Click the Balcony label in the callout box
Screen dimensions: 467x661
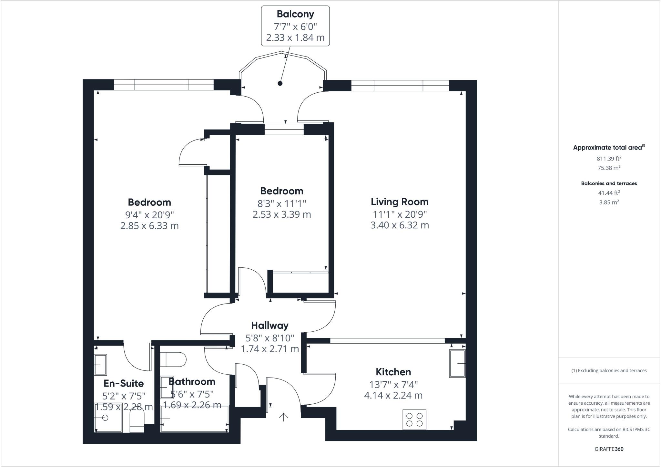[x=295, y=14]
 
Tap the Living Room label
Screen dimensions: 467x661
[x=400, y=202]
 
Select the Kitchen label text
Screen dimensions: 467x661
[x=393, y=372]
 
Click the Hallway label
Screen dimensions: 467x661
[x=270, y=325]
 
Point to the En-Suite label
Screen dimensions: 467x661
[x=124, y=383]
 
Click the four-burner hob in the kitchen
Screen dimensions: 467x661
[x=414, y=420]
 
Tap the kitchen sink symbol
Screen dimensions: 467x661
[x=457, y=364]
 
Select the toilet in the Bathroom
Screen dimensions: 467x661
[x=174, y=359]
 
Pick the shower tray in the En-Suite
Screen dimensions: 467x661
[x=108, y=417]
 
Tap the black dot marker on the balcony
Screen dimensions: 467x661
[x=280, y=83]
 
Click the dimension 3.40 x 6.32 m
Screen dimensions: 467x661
[x=400, y=225]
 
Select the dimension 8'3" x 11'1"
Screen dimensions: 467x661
[x=281, y=203]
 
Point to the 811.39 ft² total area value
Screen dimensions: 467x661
[x=609, y=159]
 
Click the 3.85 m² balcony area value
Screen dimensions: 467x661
[x=609, y=202]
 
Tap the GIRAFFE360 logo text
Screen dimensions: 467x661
[x=609, y=449]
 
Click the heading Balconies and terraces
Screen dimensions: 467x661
[x=609, y=183]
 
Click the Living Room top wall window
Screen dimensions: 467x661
[x=400, y=86]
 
